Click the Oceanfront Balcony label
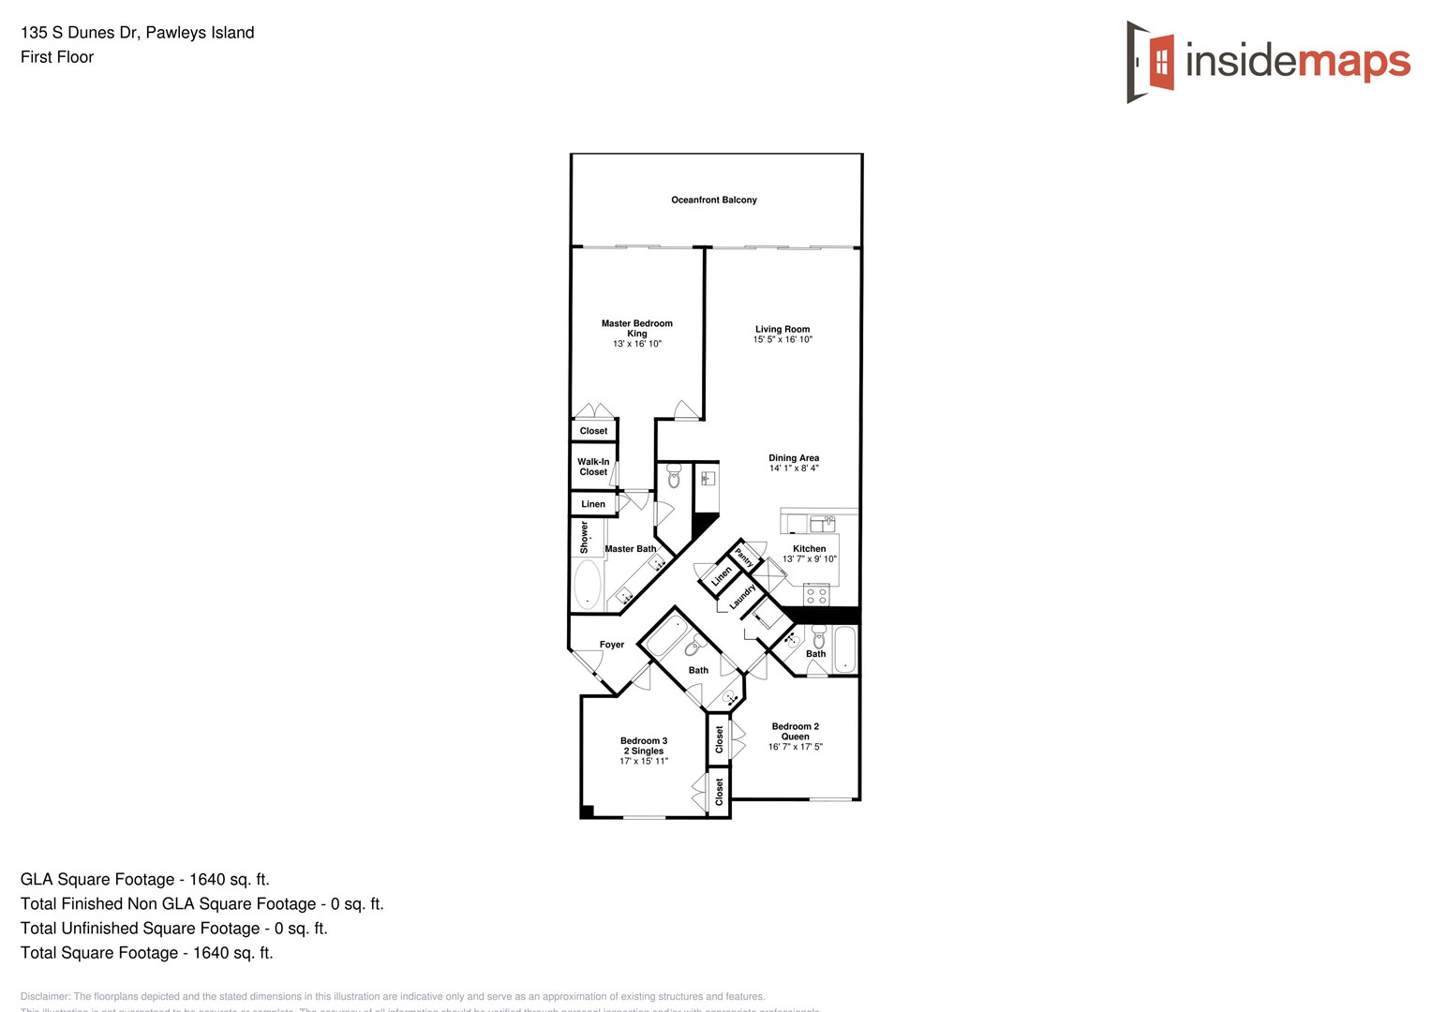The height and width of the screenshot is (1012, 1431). pyautogui.click(x=714, y=200)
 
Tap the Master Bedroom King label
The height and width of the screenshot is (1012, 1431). pyautogui.click(x=637, y=328)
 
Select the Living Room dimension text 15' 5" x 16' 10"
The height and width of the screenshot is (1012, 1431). pyautogui.click(x=783, y=340)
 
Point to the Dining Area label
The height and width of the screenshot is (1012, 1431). pyautogui.click(x=794, y=458)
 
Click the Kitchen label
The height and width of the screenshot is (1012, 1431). pyautogui.click(x=810, y=549)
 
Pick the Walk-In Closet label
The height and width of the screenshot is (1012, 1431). pyautogui.click(x=593, y=467)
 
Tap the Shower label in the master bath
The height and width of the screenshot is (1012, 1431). pyautogui.click(x=585, y=537)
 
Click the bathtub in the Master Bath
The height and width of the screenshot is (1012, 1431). pyautogui.click(x=588, y=585)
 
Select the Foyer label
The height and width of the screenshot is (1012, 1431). pyautogui.click(x=612, y=645)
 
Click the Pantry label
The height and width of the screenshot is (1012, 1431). pyautogui.click(x=744, y=557)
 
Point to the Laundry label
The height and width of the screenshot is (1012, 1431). pyautogui.click(x=742, y=597)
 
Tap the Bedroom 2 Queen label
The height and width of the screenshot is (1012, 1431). pyautogui.click(x=796, y=731)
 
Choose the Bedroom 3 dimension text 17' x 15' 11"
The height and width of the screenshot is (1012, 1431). pyautogui.click(x=644, y=761)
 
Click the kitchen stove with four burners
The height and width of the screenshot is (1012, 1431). pyautogui.click(x=816, y=594)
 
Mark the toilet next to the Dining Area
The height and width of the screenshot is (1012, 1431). pyautogui.click(x=674, y=478)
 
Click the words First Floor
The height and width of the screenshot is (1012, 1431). pyautogui.click(x=57, y=57)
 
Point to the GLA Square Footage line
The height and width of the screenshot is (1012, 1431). pyautogui.click(x=145, y=879)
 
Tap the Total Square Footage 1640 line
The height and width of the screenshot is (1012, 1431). pyautogui.click(x=147, y=952)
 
